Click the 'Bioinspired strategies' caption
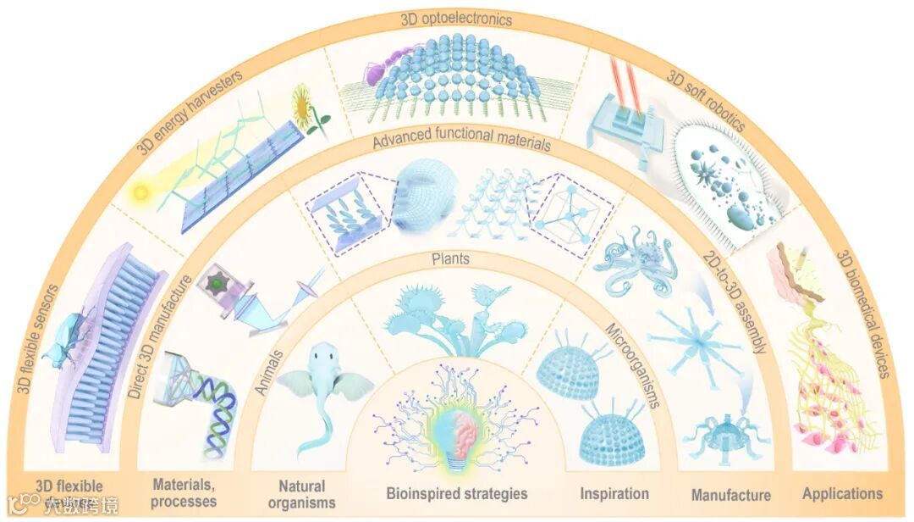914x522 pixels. (x=457, y=493)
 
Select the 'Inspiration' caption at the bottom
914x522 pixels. (x=614, y=493)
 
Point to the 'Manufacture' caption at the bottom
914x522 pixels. (x=730, y=495)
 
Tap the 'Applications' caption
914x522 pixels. (x=842, y=493)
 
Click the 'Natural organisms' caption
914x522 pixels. (x=302, y=493)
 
